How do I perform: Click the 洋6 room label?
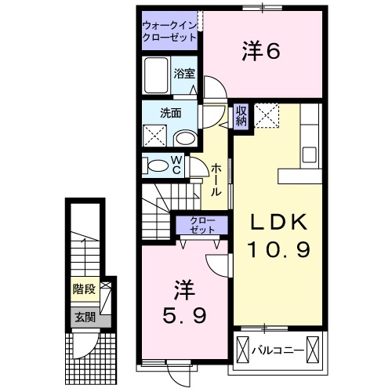(x=261, y=52)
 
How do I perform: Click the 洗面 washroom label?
(x=171, y=113)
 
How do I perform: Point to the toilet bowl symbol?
(x=159, y=165)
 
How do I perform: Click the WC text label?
(x=176, y=165)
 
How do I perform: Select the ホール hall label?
(x=215, y=180)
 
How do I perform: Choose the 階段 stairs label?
(x=85, y=290)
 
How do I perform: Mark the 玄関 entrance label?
(x=85, y=317)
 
